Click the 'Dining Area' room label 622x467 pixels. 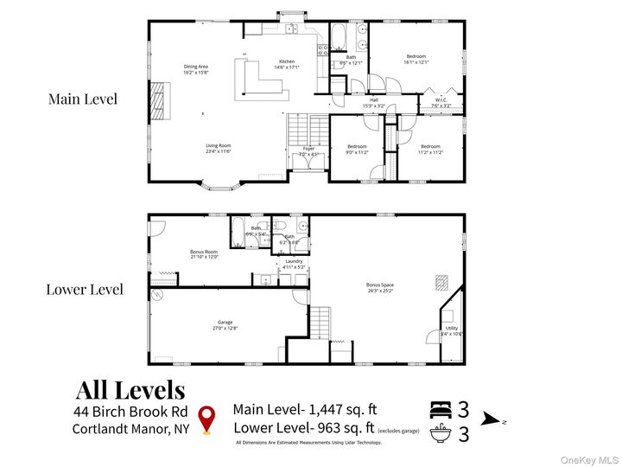point(195,66)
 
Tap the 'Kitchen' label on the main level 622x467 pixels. point(287,61)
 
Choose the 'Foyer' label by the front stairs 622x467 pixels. point(308,148)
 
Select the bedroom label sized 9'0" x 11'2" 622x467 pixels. point(358,146)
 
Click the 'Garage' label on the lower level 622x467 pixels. point(225,322)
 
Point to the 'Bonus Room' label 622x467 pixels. point(204,252)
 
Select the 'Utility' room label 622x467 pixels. point(452,328)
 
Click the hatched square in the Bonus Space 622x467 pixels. point(441,281)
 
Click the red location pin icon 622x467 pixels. point(206,419)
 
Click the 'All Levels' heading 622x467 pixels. point(130,390)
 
